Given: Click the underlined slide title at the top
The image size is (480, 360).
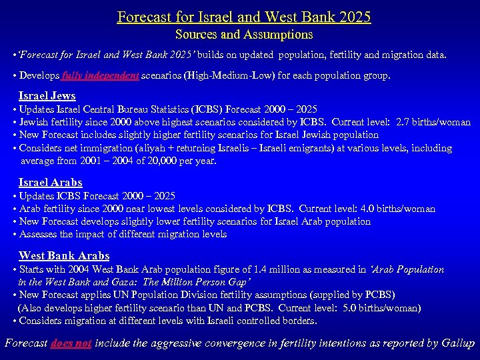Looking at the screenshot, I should pos(244,16).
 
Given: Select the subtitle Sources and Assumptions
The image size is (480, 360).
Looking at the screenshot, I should pos(244,34).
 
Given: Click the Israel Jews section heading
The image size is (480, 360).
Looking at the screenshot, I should pos(47,96).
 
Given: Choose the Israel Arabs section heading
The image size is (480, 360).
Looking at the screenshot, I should pos(51,182).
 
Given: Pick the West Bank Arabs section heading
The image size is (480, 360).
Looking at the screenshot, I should pos(64,255).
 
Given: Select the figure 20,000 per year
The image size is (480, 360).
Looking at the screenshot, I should pos(181,161).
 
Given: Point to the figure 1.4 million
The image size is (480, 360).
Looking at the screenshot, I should pos(237,269).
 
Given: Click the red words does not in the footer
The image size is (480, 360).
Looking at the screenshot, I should pos(71,343).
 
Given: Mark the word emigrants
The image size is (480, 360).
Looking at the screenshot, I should pos(331,148).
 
